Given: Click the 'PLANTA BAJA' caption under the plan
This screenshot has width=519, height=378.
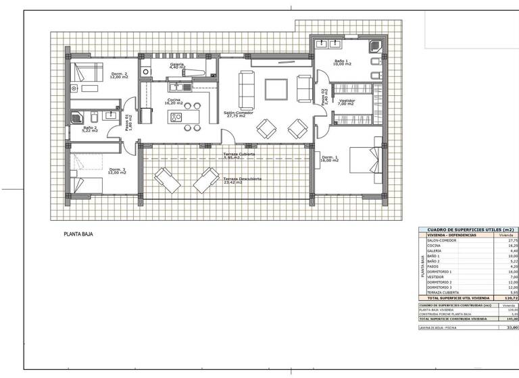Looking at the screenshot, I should click(78, 235).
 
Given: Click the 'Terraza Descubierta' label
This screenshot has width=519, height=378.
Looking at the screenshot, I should click(242, 180).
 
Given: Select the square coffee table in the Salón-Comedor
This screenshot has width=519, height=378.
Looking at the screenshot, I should click(276, 89).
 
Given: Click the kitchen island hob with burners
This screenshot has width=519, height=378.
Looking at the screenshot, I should click(176, 117).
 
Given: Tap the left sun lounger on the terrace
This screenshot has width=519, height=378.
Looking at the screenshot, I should click(167, 180).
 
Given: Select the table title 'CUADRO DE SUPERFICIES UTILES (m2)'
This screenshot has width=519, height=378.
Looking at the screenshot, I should click(469, 230).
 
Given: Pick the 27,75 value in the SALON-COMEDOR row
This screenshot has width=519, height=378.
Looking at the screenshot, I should click(512, 240).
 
